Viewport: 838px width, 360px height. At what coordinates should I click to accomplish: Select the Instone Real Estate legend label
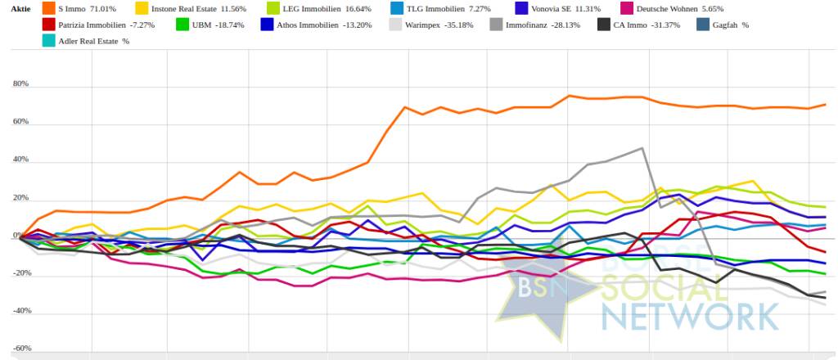(x=186, y=9)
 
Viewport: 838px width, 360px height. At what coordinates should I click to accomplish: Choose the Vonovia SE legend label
(x=544, y=9)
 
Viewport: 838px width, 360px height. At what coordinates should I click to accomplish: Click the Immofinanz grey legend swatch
(x=496, y=25)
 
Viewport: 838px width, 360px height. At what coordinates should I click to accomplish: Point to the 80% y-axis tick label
(x=20, y=83)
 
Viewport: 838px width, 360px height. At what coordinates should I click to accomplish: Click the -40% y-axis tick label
(x=20, y=311)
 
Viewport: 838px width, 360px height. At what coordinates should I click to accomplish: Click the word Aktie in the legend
(x=20, y=9)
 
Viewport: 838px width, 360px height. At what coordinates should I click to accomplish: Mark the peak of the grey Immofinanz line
(x=642, y=148)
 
